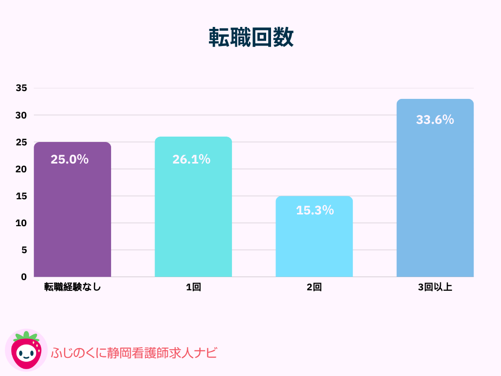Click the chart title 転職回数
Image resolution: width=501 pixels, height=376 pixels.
coord(251,37)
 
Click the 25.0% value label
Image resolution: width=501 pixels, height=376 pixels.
coord(69,159)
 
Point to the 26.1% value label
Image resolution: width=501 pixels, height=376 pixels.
coord(191,159)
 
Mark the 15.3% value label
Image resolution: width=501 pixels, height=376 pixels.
coord(315,210)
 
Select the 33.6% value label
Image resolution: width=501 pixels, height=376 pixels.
coord(435,119)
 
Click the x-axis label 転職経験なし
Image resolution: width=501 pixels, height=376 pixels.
coord(72,287)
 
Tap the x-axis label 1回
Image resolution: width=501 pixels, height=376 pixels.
coord(193,287)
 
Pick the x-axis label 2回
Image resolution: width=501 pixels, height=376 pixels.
coord(314,287)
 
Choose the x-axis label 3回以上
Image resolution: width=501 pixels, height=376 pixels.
coord(435,287)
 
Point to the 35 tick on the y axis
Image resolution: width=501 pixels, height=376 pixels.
coord(21,88)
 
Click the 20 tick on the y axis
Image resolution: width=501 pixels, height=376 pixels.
coord(21,169)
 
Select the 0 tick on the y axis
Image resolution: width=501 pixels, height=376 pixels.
coord(23,277)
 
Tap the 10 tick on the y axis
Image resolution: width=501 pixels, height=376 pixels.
coord(21,223)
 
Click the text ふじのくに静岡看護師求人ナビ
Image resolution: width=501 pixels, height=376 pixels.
coord(134,352)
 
